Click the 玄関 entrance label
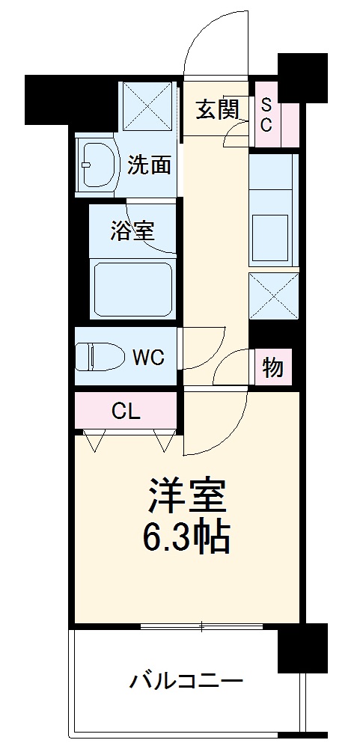[x=218, y=110]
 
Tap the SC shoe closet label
[x=266, y=114]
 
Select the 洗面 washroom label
[x=149, y=165]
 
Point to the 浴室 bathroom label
[x=132, y=230]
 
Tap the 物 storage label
[x=272, y=367]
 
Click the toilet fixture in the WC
[x=100, y=356]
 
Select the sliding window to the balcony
[x=202, y=626]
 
